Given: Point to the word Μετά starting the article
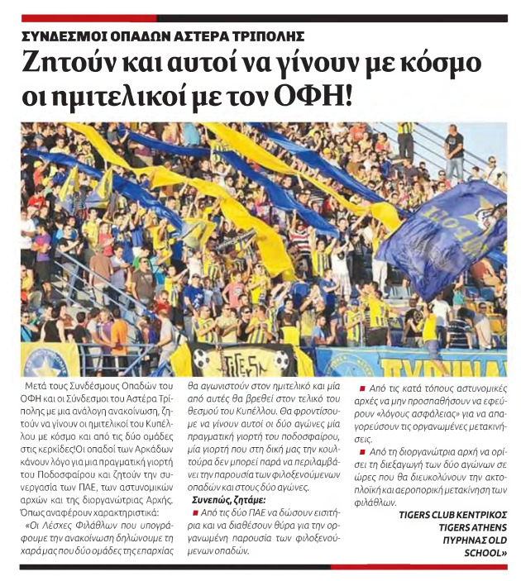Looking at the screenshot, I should coord(40,388).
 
